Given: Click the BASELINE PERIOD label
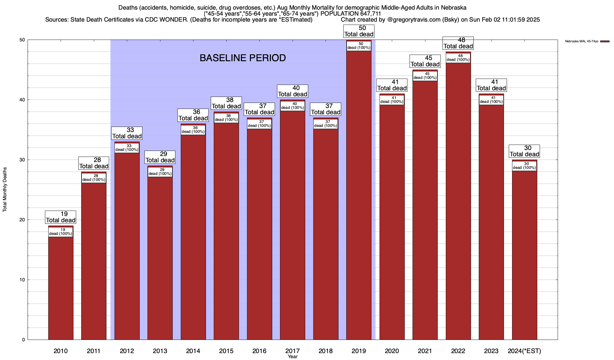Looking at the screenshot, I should coord(243,58).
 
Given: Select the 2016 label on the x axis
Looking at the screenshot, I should coord(259,351).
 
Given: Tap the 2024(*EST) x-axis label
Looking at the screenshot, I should coord(524,351).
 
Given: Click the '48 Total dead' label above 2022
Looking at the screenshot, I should coord(458,43).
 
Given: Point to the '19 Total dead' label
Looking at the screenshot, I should coord(61,217).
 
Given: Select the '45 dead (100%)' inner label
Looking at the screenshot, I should coord(425,76).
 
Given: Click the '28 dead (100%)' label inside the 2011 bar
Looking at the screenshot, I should coord(94,178).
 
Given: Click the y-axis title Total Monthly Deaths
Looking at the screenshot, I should coord(5,190).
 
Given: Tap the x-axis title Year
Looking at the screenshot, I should coord(292,357).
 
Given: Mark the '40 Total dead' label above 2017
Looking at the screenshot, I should coord(293,91).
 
